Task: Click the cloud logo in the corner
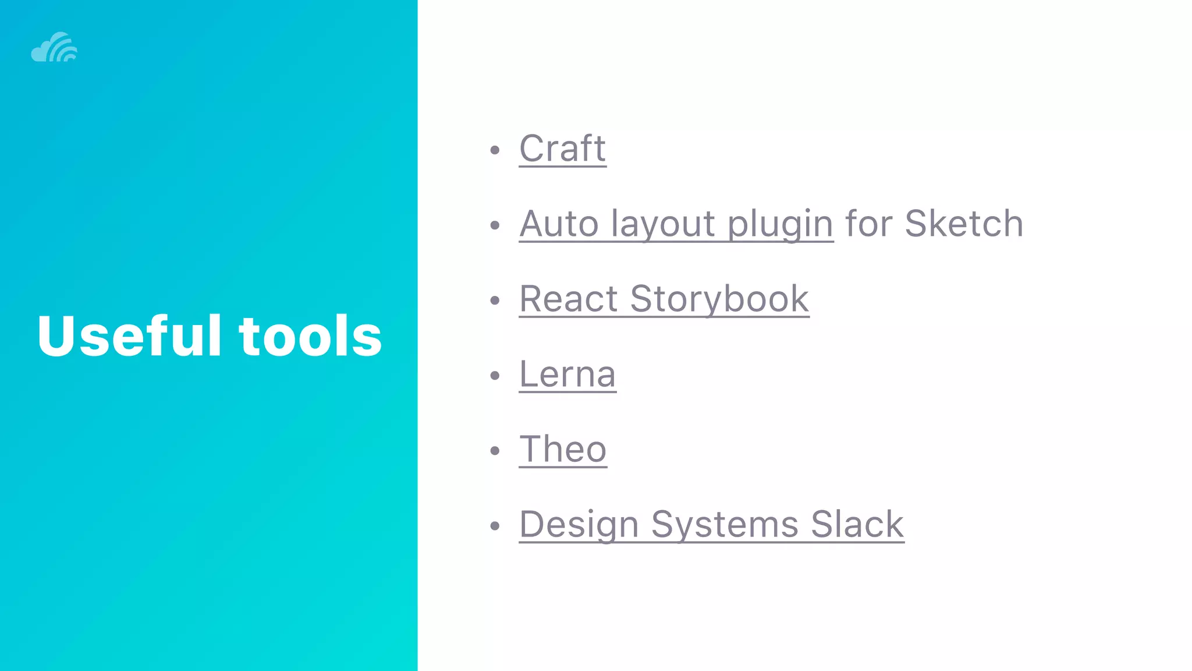54,47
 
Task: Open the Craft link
562,149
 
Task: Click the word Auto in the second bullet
559,224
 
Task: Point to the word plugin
780,225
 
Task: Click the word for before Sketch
868,224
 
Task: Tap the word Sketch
964,224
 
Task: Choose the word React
568,299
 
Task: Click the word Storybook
719,299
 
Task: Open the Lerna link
567,374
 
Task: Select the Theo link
563,449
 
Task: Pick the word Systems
724,524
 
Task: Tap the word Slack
857,524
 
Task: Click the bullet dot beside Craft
495,150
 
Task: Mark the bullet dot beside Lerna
495,376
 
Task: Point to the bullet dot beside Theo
495,451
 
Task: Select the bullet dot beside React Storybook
495,301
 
